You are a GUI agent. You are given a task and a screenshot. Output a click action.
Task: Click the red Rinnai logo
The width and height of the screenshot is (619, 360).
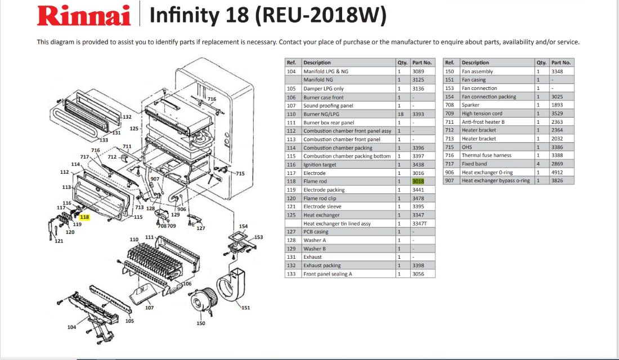[x=84, y=16]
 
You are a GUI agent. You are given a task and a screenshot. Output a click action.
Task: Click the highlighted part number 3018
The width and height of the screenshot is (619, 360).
[x=418, y=182]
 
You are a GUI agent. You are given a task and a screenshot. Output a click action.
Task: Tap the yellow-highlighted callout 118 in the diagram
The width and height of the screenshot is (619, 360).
[x=84, y=217]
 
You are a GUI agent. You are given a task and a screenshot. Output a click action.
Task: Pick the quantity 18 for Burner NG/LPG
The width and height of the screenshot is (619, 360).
[x=401, y=114]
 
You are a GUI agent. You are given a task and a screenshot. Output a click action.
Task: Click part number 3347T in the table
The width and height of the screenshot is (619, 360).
[x=419, y=223]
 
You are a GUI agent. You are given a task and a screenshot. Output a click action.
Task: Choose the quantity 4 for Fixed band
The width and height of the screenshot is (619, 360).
[x=538, y=164]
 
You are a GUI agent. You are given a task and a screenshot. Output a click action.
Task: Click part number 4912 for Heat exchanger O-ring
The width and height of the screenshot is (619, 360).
[x=557, y=172]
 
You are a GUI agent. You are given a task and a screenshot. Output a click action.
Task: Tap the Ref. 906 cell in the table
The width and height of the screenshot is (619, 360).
[x=449, y=172]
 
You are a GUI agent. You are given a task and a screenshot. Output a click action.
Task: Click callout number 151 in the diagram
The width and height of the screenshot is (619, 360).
[x=245, y=308]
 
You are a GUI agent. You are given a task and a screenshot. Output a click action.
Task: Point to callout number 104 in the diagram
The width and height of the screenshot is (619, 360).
[x=71, y=327]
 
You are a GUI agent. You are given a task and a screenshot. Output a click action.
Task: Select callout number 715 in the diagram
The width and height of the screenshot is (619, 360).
[x=240, y=173]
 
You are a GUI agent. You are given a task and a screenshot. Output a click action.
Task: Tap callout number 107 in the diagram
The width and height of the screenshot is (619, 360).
[x=149, y=308]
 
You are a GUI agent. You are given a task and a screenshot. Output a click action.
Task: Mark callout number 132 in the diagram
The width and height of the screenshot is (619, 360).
[x=127, y=117]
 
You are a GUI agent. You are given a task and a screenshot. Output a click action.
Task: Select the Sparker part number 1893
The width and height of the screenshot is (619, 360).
[x=557, y=105]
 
